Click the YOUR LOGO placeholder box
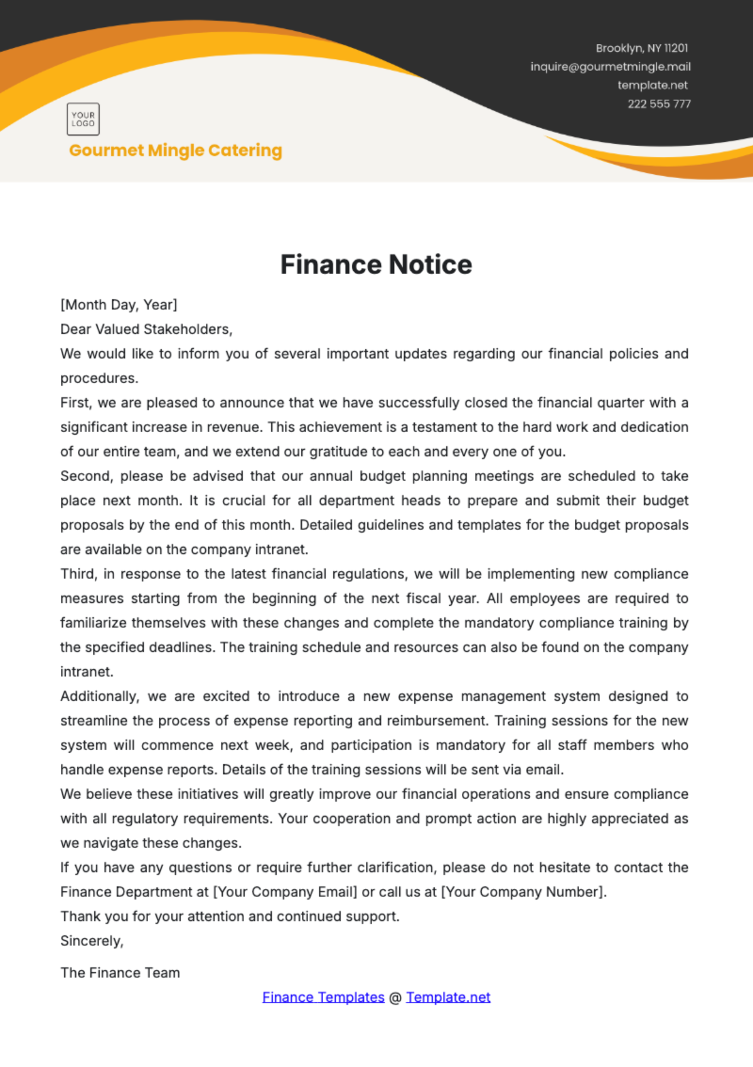coord(83,119)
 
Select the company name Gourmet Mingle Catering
coord(176,151)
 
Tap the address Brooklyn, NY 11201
coord(641,48)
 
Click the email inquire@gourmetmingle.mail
coord(610,66)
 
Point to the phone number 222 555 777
coord(659,104)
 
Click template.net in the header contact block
coord(653,85)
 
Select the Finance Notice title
coord(376,265)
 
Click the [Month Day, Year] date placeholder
coord(119,305)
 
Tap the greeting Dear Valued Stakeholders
coord(146,329)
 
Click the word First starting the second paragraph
coord(75,403)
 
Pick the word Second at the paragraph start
coord(86,476)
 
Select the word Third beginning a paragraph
coord(78,574)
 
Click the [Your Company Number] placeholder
coord(523,892)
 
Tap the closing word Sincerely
coord(91,941)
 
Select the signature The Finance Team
coord(120,973)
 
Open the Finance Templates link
coord(323,997)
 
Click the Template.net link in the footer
coord(448,997)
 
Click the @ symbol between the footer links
coord(395,997)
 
